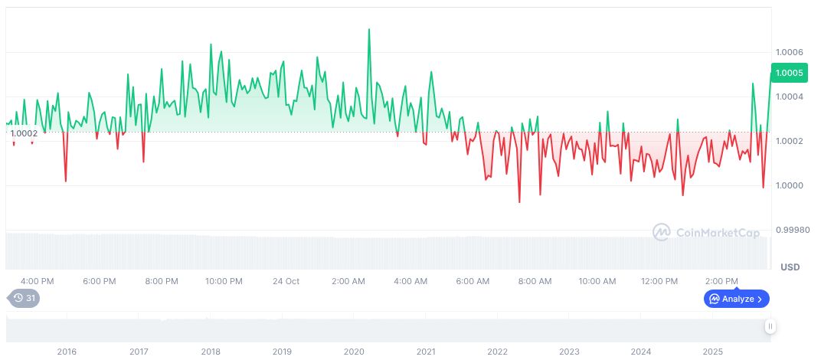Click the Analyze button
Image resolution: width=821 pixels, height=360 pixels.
click(x=737, y=299)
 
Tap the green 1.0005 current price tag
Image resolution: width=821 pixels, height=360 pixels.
click(x=789, y=74)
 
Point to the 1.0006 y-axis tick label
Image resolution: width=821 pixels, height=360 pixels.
click(x=789, y=52)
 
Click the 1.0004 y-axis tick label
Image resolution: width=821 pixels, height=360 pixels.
click(x=789, y=97)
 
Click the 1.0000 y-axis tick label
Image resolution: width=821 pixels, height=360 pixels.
click(x=789, y=186)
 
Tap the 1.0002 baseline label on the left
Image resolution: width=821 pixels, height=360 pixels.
click(x=24, y=133)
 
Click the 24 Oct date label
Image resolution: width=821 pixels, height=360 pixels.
click(x=286, y=281)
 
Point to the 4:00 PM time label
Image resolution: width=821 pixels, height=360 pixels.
click(x=37, y=281)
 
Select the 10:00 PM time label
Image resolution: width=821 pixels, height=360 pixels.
click(x=224, y=281)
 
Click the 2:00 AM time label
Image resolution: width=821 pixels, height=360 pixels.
click(x=348, y=281)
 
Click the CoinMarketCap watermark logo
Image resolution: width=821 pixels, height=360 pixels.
click(x=706, y=231)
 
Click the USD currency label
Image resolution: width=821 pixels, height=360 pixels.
click(x=790, y=267)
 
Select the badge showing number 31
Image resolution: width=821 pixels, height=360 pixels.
click(x=23, y=298)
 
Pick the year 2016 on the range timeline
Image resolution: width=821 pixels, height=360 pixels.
click(x=67, y=352)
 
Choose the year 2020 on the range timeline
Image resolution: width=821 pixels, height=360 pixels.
click(x=354, y=352)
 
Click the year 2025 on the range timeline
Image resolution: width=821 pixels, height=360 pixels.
click(x=712, y=352)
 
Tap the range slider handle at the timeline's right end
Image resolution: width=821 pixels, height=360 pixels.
click(x=770, y=326)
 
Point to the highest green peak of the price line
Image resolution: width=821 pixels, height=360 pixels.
click(x=369, y=30)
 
